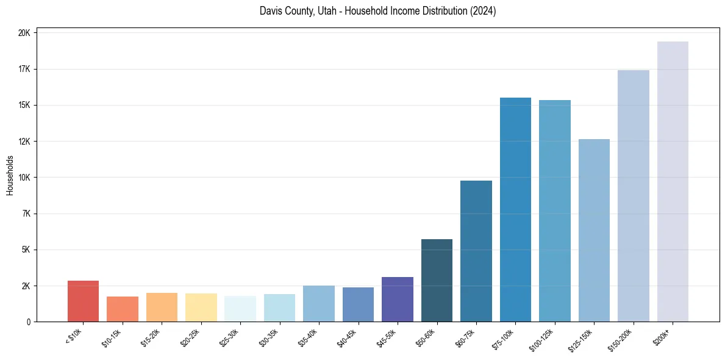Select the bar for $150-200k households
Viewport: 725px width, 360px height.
[633, 196]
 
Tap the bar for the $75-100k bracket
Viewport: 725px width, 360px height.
[515, 210]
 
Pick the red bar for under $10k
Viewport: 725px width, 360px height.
[83, 301]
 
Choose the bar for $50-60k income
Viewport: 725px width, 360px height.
[437, 281]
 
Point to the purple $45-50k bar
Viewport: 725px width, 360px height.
[397, 300]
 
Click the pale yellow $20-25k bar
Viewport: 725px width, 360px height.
[201, 308]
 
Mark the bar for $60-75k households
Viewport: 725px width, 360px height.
[476, 251]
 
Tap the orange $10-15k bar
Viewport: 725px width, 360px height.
[122, 309]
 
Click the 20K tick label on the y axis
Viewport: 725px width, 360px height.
[24, 33]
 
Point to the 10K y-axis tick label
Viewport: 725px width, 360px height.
[24, 178]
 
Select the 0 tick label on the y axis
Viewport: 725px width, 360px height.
[28, 322]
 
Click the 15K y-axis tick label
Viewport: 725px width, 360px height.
[24, 105]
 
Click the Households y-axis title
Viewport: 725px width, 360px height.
[10, 176]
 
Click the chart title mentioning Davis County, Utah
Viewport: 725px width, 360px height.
[377, 12]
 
